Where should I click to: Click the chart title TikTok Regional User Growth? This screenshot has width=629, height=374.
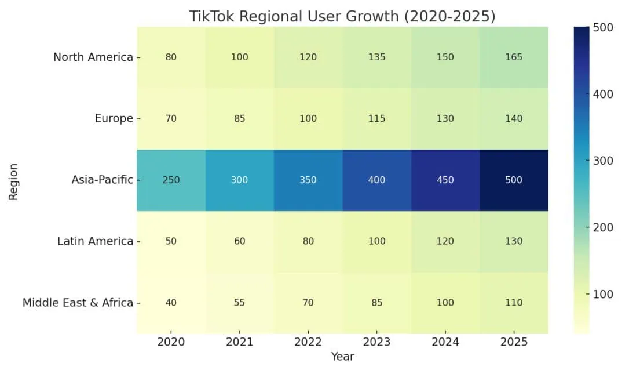342,16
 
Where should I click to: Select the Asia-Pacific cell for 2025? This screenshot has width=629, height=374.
514,180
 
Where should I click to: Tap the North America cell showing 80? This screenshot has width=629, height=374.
171,57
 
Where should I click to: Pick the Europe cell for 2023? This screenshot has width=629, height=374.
376,118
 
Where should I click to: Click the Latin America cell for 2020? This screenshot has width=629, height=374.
171,241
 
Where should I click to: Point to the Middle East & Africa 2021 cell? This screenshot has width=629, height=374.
239,303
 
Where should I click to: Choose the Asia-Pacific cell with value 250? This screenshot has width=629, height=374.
171,180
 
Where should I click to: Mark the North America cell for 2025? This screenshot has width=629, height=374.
514,57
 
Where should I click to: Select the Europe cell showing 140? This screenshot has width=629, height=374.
514,118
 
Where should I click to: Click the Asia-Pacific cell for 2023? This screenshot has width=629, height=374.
376,180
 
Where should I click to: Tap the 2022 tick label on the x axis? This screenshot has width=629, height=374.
308,342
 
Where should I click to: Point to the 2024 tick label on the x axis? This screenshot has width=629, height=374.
445,342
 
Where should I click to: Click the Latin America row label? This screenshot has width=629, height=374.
95,241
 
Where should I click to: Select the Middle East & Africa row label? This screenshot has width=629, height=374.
78,303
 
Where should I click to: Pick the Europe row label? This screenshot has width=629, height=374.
114,118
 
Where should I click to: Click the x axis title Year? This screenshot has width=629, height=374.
342,357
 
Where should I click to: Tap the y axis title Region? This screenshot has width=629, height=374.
13,181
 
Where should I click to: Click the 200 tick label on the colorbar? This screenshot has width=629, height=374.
604,227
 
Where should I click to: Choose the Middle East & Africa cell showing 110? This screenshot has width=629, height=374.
514,303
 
